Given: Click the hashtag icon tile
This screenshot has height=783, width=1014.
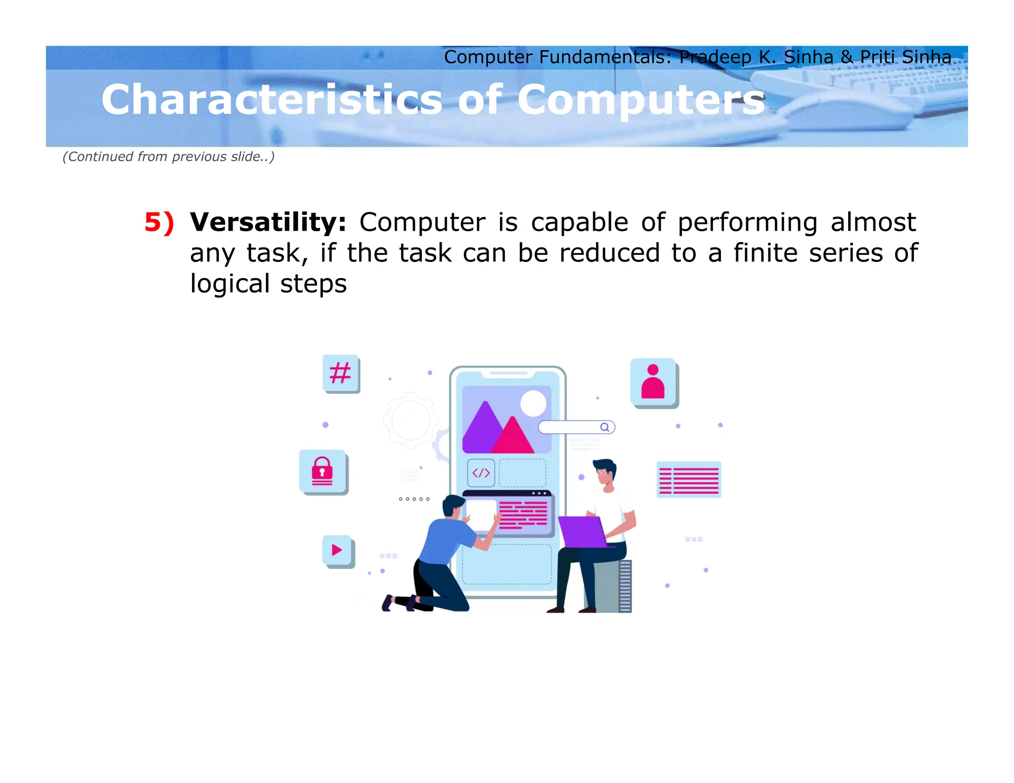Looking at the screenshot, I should (x=341, y=373).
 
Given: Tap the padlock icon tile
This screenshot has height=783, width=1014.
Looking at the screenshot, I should (x=322, y=471).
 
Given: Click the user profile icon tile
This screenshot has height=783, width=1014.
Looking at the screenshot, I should (x=653, y=382).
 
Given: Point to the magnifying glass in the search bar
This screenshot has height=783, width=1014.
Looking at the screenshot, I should (x=605, y=427).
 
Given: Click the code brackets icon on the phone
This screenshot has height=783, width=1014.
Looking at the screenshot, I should (x=481, y=473).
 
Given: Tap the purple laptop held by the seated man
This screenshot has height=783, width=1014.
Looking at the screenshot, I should (x=581, y=532).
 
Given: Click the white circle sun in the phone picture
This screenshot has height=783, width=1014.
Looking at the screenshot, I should (x=533, y=403).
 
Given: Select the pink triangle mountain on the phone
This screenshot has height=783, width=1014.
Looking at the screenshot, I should (x=513, y=437).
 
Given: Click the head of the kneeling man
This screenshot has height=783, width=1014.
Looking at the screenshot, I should (x=453, y=505).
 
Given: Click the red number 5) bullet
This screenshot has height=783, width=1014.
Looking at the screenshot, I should (x=159, y=222).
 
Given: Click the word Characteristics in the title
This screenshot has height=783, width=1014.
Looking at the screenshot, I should (x=271, y=100).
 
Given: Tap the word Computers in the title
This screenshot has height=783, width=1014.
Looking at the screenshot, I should (x=641, y=100).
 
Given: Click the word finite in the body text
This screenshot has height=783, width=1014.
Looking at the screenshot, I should (x=765, y=253).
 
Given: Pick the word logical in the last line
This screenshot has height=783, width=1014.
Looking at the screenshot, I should (x=230, y=284).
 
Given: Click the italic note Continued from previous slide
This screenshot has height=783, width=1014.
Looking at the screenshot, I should (x=168, y=157).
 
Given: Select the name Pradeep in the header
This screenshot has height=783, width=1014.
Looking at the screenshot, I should (x=715, y=57).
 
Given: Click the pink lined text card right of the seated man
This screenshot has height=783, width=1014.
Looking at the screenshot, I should (x=689, y=480).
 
